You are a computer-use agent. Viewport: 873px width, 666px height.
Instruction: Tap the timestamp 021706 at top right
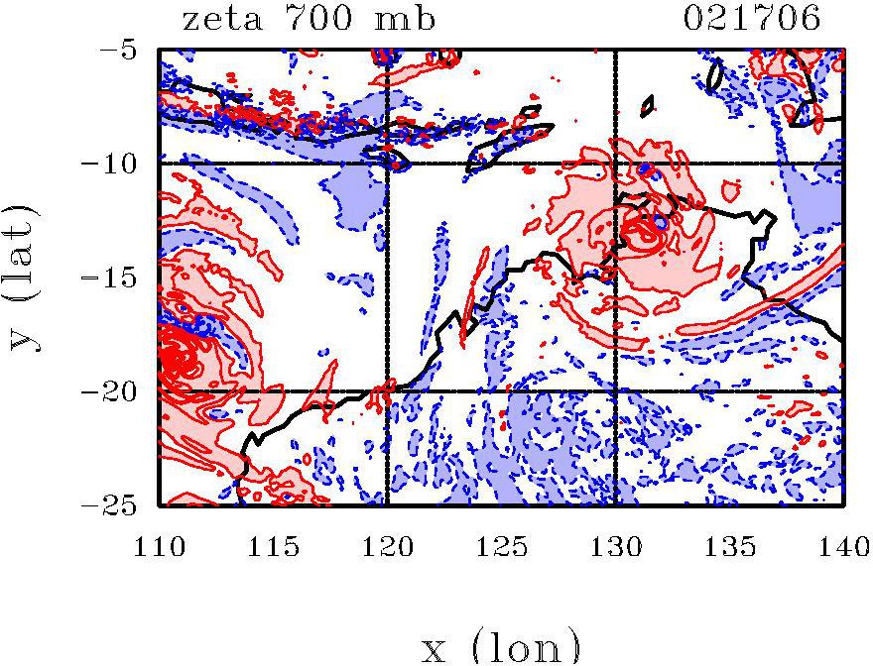coord(754,19)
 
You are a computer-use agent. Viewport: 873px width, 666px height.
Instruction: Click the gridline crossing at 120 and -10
coord(387,163)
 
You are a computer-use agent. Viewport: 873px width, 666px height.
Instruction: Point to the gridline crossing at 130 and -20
coord(616,391)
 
